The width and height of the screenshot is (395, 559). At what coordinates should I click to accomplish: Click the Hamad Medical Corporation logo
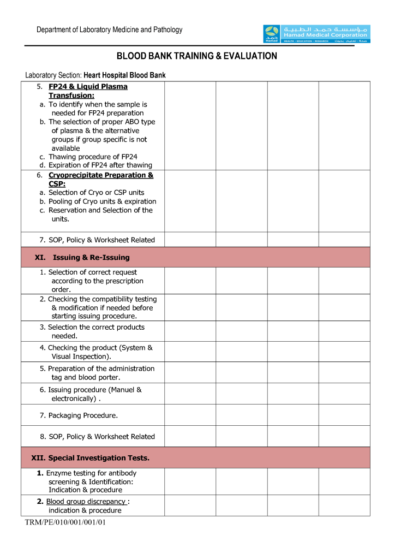point(316,34)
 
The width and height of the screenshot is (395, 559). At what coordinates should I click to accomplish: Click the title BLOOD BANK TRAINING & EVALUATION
point(197,56)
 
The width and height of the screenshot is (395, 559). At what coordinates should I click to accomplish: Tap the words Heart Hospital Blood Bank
point(124,75)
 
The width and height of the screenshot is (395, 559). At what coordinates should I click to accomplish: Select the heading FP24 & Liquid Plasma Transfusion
point(87,91)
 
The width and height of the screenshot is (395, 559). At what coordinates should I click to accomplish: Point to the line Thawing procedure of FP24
point(92,157)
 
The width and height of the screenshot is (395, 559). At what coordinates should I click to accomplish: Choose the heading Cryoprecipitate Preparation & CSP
point(100,180)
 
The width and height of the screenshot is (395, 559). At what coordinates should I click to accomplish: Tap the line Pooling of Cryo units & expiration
point(102,201)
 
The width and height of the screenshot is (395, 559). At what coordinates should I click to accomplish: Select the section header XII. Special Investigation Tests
point(90,458)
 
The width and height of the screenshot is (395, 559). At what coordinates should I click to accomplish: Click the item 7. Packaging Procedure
point(79,415)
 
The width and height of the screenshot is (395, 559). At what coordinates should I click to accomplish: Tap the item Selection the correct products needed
point(92,331)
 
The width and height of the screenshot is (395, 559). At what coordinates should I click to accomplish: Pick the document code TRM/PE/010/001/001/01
point(65,523)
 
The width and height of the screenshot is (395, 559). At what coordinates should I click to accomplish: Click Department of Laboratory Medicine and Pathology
point(109,30)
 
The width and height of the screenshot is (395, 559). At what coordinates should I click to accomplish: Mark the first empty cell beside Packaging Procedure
point(190,415)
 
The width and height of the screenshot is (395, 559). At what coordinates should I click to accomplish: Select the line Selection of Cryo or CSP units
point(96,193)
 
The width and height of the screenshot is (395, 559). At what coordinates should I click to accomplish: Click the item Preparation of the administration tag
point(97,373)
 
